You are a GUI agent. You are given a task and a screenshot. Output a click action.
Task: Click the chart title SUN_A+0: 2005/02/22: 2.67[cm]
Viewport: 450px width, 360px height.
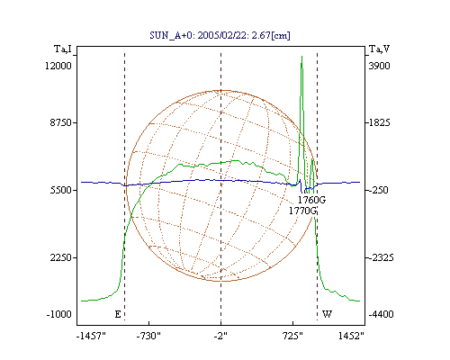coord(220,35)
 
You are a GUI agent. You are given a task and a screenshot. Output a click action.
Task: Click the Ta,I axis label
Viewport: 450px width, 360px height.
coord(63,49)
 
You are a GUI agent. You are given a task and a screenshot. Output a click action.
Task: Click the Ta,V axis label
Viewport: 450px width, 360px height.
coord(379,49)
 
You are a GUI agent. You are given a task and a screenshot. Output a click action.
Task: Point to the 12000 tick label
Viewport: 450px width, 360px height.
coord(58,66)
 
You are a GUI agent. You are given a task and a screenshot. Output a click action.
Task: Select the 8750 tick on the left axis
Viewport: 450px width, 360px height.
coord(61,122)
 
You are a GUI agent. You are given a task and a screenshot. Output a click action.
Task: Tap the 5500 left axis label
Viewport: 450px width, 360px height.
coord(61,190)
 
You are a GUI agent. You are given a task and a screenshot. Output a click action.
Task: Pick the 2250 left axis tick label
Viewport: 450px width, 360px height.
coord(61,257)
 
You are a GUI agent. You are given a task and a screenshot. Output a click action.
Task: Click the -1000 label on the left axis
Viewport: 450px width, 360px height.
coord(59,314)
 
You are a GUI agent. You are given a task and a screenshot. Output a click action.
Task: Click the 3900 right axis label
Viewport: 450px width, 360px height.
coord(379,66)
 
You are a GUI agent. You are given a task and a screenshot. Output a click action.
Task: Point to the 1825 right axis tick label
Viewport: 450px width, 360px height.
coord(379,122)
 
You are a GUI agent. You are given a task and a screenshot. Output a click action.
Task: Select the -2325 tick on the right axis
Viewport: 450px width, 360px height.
coord(381,257)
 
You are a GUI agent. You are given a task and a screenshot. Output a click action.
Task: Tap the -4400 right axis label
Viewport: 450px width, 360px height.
coord(381,314)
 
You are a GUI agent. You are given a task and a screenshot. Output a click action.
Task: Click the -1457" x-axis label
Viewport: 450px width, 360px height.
coord(91,336)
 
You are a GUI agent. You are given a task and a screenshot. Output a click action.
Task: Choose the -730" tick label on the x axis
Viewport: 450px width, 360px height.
coord(148,336)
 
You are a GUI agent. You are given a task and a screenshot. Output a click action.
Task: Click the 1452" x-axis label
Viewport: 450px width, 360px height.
coord(351,336)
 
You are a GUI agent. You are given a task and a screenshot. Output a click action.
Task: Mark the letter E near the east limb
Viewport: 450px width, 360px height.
coord(118,314)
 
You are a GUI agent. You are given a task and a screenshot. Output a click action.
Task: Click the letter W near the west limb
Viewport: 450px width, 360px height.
coord(327,314)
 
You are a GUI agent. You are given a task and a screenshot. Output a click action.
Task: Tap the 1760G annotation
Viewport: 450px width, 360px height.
coord(311,200)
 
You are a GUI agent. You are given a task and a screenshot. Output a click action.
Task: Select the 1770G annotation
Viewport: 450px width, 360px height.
coord(302,211)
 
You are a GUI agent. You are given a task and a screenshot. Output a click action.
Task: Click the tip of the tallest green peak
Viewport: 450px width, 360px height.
coord(301,56)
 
